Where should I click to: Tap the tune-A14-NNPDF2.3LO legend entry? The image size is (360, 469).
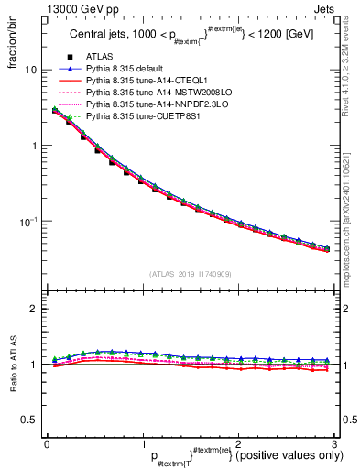(150, 105)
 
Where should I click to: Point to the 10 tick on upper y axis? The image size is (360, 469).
(31, 70)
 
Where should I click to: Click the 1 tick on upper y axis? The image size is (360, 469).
(34, 146)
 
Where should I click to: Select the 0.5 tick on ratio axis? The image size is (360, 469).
(30, 420)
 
